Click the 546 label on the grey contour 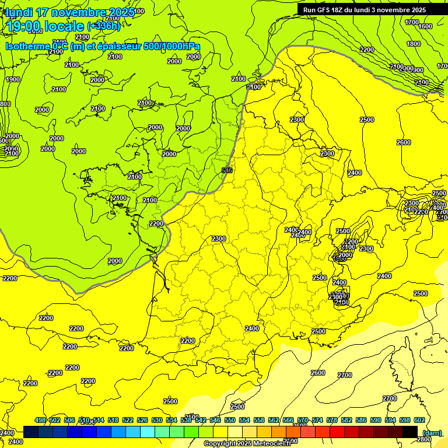point(227,170)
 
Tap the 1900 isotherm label point(13,79)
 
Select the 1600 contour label point(425,26)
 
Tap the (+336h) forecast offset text point(103,26)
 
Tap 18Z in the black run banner point(339,10)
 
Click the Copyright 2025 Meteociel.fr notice point(247,444)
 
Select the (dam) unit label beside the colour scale point(431,432)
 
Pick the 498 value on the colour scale point(40,420)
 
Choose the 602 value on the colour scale point(419,420)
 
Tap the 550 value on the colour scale point(230,420)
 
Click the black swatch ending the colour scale point(410,432)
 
